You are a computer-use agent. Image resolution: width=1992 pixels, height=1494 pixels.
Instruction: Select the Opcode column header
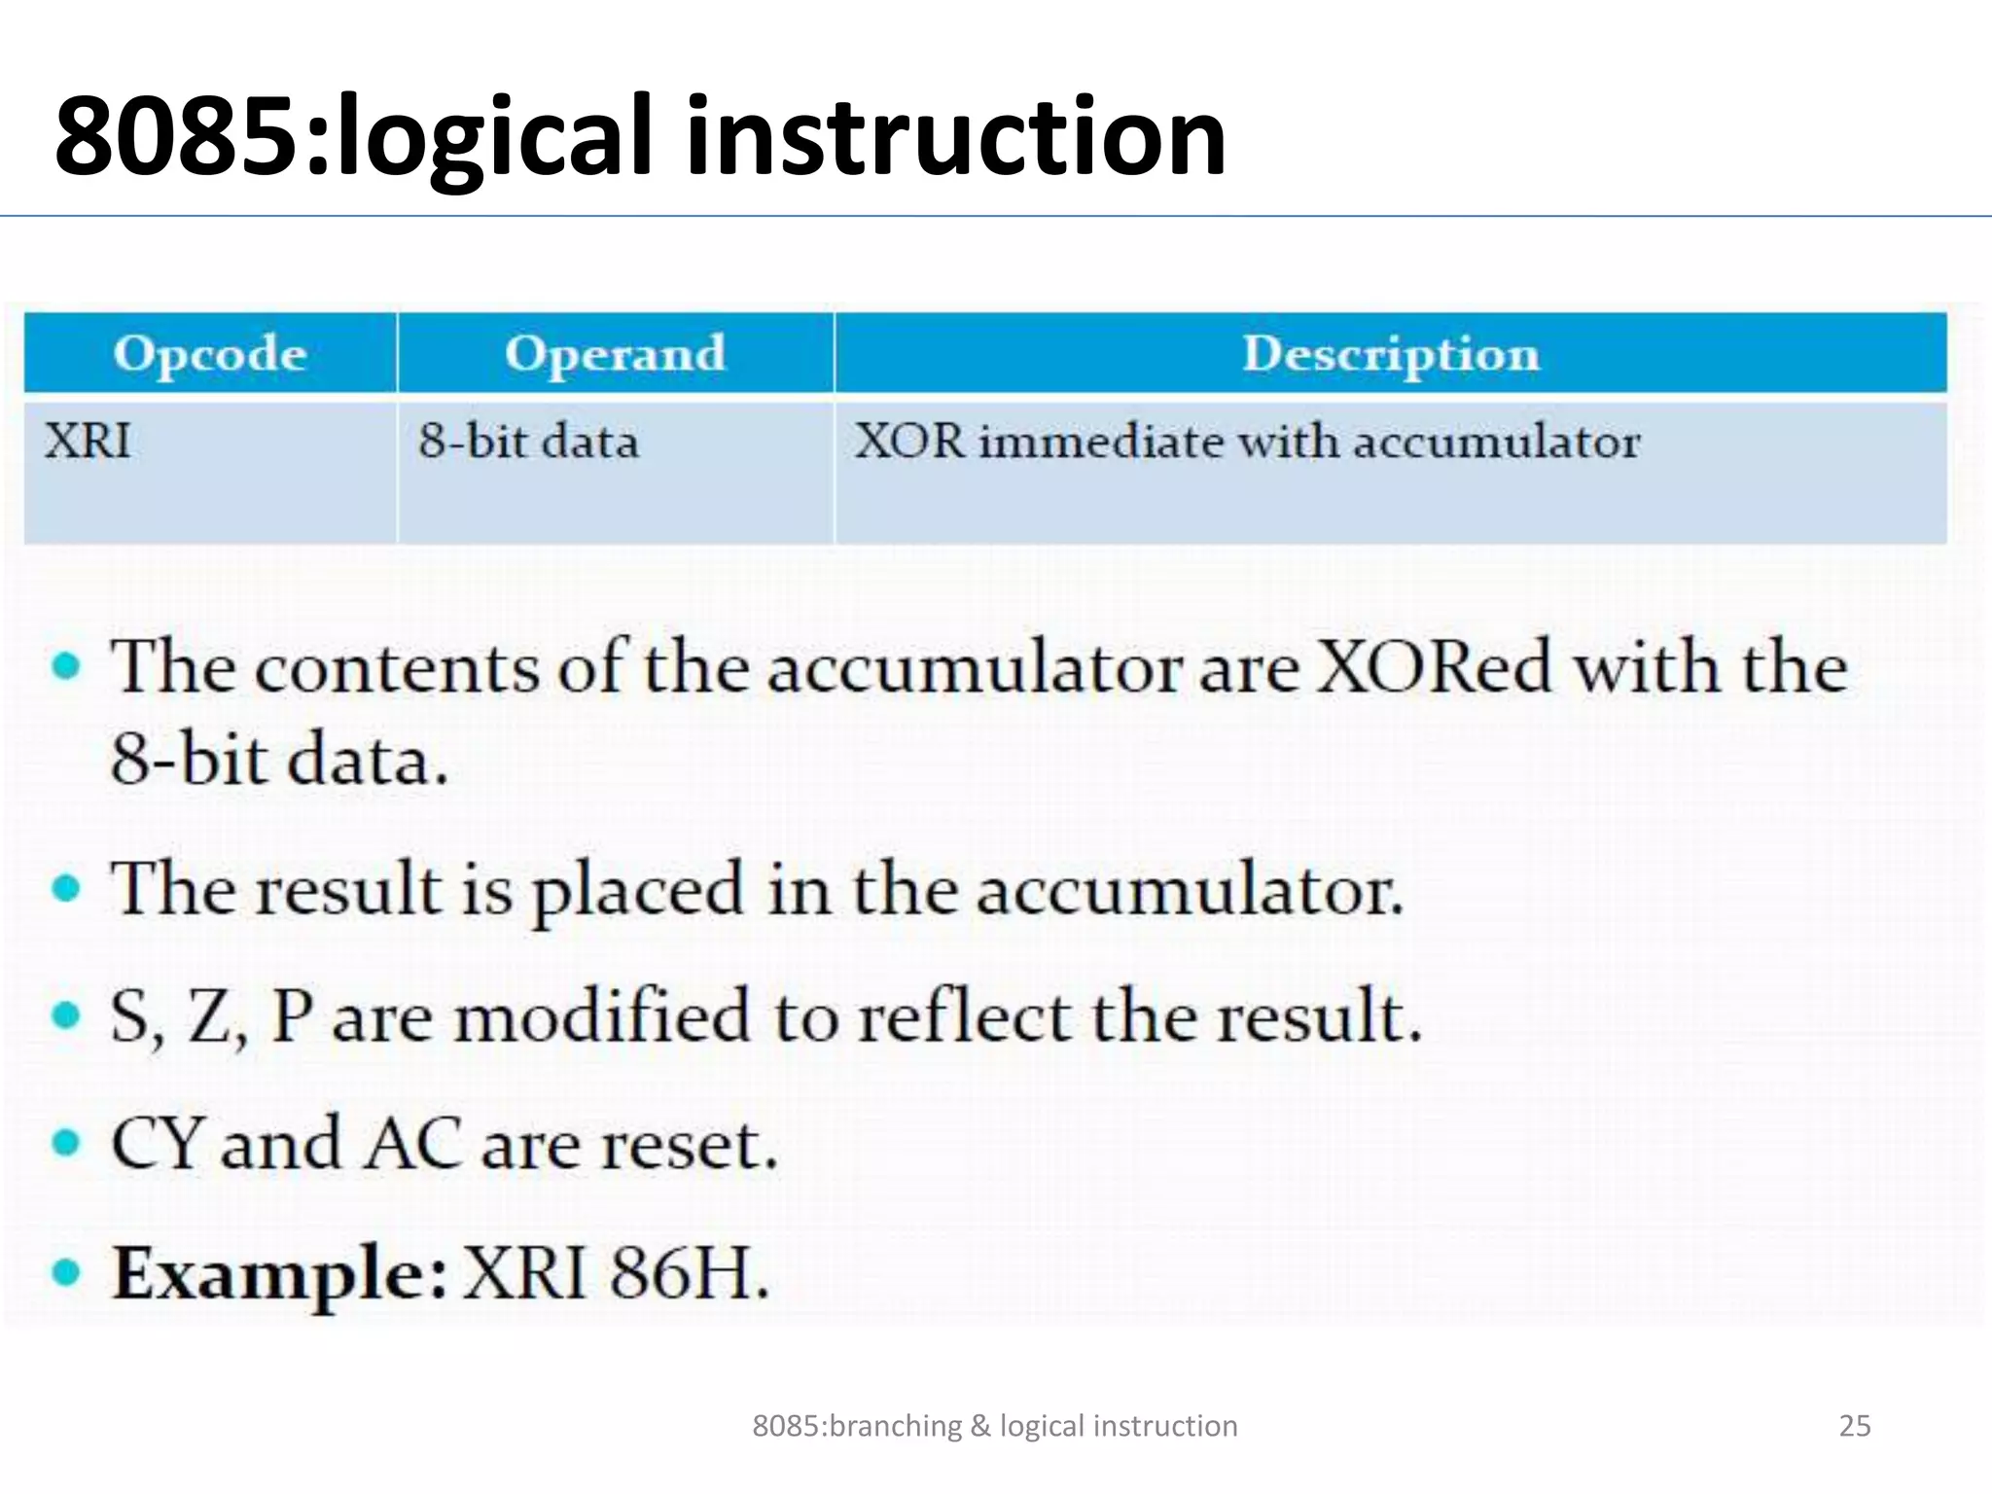click(210, 353)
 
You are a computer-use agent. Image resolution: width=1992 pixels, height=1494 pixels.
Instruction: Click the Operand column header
click(615, 353)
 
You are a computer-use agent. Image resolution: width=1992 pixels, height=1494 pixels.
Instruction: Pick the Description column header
click(1391, 353)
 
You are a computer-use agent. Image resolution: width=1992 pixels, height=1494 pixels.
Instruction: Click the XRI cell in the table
click(88, 443)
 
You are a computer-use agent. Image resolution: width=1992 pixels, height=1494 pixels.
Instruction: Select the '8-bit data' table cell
click(528, 443)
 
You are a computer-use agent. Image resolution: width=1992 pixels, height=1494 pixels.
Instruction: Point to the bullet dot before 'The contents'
click(66, 667)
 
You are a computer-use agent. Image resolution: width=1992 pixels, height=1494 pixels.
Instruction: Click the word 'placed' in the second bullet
click(638, 891)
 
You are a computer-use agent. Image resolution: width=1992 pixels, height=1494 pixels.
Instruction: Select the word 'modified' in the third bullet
click(603, 1017)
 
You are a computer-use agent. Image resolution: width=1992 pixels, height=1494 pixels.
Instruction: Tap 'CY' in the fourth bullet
click(156, 1145)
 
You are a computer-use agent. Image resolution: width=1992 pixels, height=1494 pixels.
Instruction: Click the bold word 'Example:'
click(280, 1274)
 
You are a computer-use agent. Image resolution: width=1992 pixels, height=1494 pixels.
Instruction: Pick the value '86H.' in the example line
click(689, 1274)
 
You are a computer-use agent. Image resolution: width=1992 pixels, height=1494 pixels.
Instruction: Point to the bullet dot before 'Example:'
click(66, 1272)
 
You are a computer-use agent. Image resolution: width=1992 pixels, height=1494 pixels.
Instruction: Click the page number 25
click(1854, 1426)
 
